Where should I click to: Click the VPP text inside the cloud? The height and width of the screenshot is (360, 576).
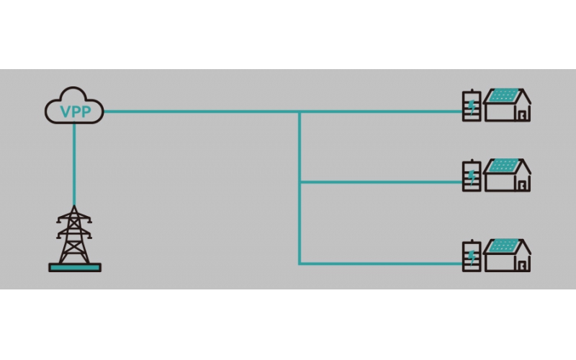pyautogui.click(x=76, y=112)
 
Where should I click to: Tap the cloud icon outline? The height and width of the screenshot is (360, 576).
pyautogui.click(x=73, y=89)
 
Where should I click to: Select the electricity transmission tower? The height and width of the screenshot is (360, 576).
pyautogui.click(x=74, y=235)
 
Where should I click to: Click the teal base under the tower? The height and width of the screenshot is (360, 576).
pyautogui.click(x=75, y=267)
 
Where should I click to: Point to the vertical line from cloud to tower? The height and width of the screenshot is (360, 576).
pyautogui.click(x=74, y=164)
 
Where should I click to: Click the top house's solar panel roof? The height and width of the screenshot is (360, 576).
pyautogui.click(x=504, y=95)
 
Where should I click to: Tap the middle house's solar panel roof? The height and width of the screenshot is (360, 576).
pyautogui.click(x=504, y=166)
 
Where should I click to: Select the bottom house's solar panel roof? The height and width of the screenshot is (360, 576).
pyautogui.click(x=504, y=246)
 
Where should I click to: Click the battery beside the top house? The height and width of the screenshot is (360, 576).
pyautogui.click(x=472, y=105)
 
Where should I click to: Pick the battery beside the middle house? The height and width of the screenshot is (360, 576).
pyautogui.click(x=472, y=176)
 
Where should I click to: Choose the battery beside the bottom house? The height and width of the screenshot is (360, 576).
pyautogui.click(x=472, y=256)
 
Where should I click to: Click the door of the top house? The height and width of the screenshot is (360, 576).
pyautogui.click(x=522, y=115)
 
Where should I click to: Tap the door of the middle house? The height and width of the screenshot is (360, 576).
pyautogui.click(x=522, y=186)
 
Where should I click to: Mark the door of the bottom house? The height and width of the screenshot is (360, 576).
pyautogui.click(x=522, y=266)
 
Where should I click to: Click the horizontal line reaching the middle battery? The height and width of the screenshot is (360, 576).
pyautogui.click(x=382, y=182)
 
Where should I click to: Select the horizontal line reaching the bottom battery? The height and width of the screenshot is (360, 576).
pyautogui.click(x=382, y=264)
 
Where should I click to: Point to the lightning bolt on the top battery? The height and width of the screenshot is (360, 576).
pyautogui.click(x=472, y=107)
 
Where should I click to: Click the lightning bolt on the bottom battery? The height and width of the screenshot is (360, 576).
pyautogui.click(x=472, y=258)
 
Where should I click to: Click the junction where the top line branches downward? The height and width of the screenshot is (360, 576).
pyautogui.click(x=300, y=112)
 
